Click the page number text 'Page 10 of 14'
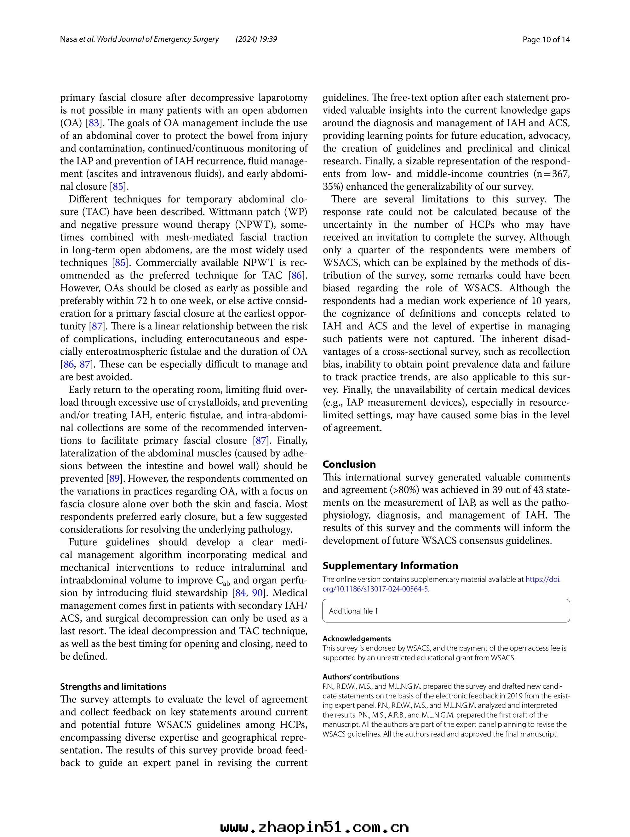point(546,39)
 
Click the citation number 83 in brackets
point(94,123)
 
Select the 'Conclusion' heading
point(349,464)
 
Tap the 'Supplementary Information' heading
point(390,566)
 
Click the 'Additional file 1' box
point(446,611)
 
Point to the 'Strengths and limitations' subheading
point(113,686)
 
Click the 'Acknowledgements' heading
point(357,639)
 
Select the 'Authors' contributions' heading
point(361,677)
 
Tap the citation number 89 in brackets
point(114,479)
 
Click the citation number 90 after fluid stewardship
point(257,593)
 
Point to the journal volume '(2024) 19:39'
point(256,39)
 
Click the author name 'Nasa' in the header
point(68,39)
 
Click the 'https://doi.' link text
point(543,579)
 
